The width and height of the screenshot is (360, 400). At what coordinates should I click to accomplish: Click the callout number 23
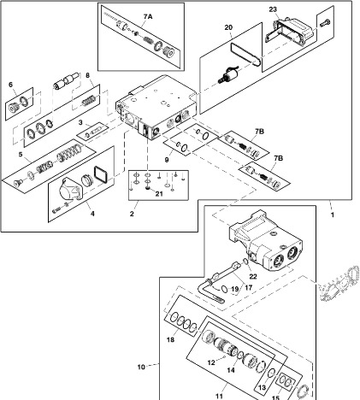(273, 9)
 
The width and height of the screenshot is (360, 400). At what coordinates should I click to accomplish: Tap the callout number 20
(228, 27)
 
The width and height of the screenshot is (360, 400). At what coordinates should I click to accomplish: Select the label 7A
(148, 16)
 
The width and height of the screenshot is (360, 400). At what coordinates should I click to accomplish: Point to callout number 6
(11, 85)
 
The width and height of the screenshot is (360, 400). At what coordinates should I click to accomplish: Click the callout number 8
(88, 75)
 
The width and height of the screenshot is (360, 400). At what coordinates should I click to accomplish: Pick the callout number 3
(80, 122)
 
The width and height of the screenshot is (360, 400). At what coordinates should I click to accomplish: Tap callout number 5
(21, 155)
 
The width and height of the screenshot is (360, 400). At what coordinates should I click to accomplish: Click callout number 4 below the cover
(92, 214)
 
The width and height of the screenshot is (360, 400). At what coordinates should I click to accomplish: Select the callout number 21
(159, 194)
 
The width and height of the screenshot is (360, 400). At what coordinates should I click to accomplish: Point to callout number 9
(167, 160)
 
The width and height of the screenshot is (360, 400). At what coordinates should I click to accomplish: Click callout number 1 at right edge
(333, 215)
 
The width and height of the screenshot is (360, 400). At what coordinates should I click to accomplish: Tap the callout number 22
(253, 276)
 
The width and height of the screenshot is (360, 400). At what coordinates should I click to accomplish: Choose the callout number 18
(170, 339)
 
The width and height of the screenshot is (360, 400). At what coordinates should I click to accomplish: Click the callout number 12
(211, 362)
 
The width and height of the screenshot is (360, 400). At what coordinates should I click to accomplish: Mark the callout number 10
(141, 367)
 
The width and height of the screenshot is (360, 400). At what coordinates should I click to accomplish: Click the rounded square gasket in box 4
(100, 174)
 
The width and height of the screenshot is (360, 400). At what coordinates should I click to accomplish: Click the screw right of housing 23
(325, 23)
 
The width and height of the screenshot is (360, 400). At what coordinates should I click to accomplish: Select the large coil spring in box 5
(68, 153)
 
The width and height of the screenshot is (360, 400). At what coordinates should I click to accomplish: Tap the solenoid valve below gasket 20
(229, 74)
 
